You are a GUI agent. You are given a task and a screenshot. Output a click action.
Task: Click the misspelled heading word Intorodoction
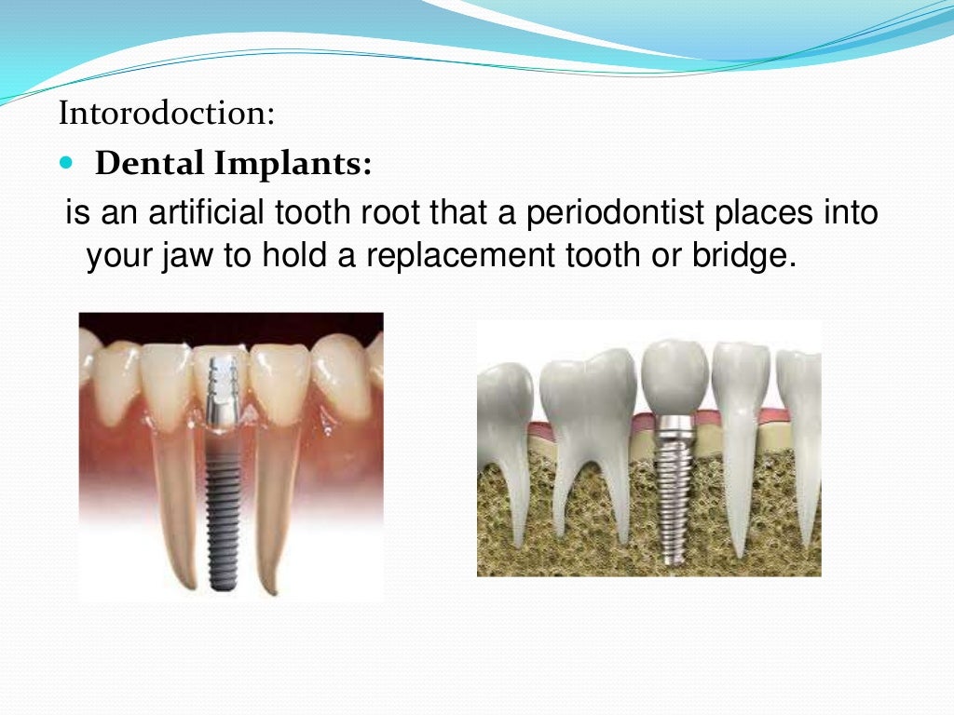[x=167, y=115]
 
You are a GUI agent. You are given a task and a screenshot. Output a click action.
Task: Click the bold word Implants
[x=293, y=165]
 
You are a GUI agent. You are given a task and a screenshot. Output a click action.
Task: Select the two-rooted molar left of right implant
[x=586, y=419]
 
